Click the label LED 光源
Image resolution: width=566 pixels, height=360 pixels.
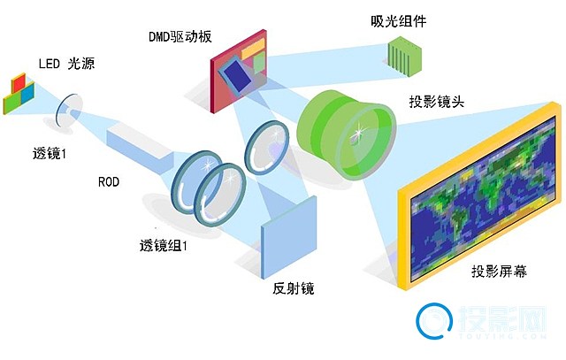pyautogui.click(x=66, y=64)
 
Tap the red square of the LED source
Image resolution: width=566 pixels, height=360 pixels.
pyautogui.click(x=19, y=82)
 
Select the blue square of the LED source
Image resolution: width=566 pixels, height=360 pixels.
pyautogui.click(x=27, y=94)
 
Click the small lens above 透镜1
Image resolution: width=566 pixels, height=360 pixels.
pyautogui.click(x=66, y=110)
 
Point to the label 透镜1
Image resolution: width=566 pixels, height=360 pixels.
pyautogui.click(x=50, y=154)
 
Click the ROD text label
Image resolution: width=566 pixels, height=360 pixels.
pyautogui.click(x=109, y=181)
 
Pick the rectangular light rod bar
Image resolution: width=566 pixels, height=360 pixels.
pyautogui.click(x=140, y=146)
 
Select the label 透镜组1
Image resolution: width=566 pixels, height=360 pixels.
pyautogui.click(x=164, y=246)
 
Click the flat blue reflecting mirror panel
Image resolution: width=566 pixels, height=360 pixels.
pyautogui.click(x=288, y=237)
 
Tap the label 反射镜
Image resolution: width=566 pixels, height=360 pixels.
pyautogui.click(x=293, y=288)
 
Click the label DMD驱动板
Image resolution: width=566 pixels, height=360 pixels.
pyautogui.click(x=180, y=36)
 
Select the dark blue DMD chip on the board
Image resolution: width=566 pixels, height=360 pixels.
pyautogui.click(x=237, y=76)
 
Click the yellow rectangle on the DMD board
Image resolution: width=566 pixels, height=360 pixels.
pyautogui.click(x=253, y=48)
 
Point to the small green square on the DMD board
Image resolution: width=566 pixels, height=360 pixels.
pyautogui.click(x=259, y=63)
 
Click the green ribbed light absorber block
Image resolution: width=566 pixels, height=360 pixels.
pyautogui.click(x=404, y=57)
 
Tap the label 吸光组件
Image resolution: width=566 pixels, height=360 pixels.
pyautogui.click(x=399, y=21)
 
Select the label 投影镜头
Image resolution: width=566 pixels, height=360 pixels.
pyautogui.click(x=436, y=102)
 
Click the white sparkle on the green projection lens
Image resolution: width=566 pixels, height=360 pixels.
pyautogui.click(x=358, y=133)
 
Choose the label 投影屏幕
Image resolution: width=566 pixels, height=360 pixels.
pyautogui.click(x=499, y=271)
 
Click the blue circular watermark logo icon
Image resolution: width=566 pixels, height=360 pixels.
pyautogui.click(x=434, y=321)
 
